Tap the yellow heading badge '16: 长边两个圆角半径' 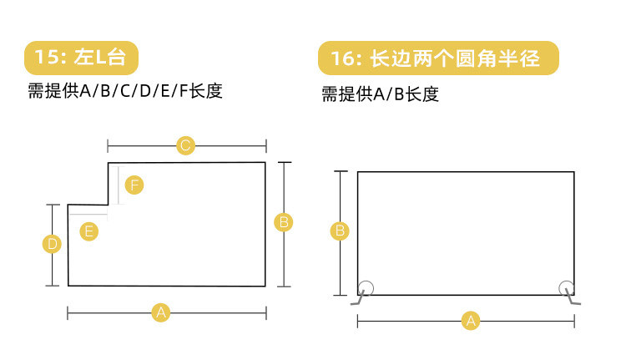[x=437, y=59]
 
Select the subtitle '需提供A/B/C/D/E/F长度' [x=125, y=91]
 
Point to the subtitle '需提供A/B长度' [x=380, y=94]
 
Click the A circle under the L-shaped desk [x=161, y=312]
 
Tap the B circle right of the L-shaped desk [x=284, y=222]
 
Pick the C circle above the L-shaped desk [x=186, y=145]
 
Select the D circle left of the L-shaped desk [x=52, y=244]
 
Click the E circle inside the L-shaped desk [x=88, y=231]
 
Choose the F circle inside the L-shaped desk [x=134, y=185]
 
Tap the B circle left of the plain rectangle [x=340, y=231]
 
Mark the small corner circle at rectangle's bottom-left [x=366, y=287]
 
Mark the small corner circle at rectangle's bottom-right [x=566, y=287]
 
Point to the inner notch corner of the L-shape [x=109, y=203]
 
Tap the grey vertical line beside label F [x=119, y=185]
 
